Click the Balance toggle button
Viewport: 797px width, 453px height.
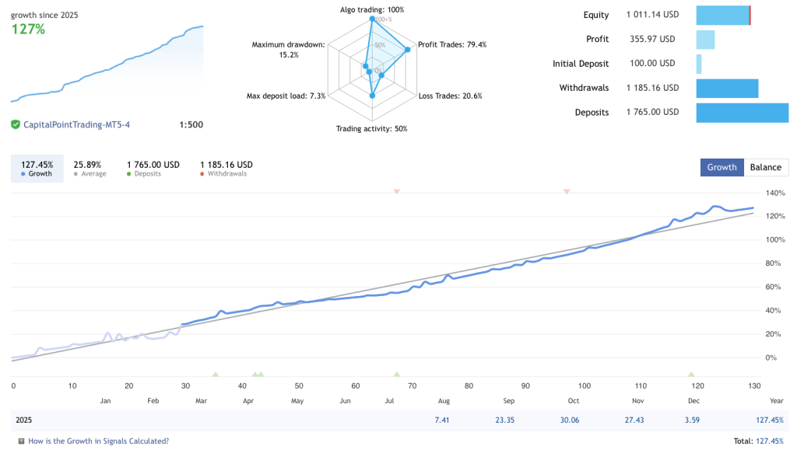(x=766, y=167)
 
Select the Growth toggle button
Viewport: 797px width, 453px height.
(x=722, y=167)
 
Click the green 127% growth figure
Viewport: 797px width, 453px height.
(x=28, y=30)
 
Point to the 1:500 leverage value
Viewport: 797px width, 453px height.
(x=191, y=124)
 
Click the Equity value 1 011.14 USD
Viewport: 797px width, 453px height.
(x=652, y=15)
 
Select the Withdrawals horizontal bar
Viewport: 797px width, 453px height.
(x=727, y=88)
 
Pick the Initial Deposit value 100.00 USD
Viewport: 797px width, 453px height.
(x=652, y=64)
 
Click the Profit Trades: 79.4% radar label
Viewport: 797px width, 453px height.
(x=452, y=45)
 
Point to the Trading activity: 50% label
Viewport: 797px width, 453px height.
(x=371, y=129)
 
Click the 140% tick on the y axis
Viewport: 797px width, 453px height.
(x=775, y=193)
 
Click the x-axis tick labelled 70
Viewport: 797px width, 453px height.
(x=412, y=385)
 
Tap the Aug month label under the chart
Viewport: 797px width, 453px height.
(x=444, y=401)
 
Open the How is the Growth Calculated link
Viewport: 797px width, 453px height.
(x=98, y=441)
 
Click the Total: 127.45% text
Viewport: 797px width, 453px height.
(x=758, y=441)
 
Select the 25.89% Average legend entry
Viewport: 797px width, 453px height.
(x=90, y=169)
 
